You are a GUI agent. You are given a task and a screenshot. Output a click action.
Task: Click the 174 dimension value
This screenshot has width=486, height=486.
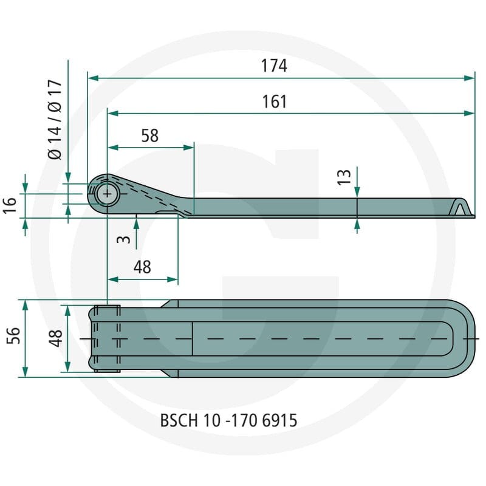[274, 66]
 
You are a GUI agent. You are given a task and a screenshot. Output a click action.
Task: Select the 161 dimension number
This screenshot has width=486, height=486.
[275, 101]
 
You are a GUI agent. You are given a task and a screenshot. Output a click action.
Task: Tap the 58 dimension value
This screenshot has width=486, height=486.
[149, 135]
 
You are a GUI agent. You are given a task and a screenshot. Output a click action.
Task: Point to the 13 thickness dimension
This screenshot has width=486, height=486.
[344, 177]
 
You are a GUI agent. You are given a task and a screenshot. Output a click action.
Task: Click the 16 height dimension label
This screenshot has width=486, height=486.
[10, 205]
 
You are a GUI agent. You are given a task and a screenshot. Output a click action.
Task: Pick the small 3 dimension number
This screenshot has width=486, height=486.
[124, 239]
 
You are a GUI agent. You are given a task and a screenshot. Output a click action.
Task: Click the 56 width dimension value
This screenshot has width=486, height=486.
[13, 335]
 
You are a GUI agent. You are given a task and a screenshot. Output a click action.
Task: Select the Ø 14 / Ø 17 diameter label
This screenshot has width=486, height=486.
[55, 119]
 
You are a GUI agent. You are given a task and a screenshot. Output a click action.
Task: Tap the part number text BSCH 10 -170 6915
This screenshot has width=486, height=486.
[229, 420]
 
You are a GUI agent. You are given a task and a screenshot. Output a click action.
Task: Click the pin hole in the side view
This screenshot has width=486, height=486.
[107, 194]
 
